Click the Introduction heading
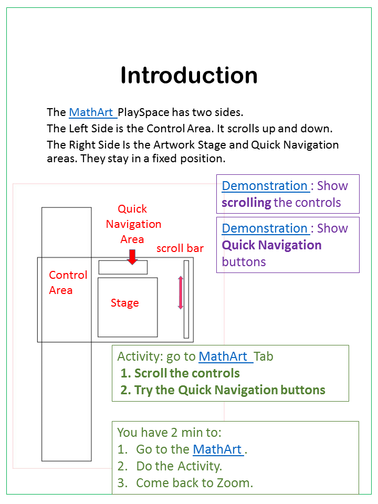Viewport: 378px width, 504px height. coord(189,75)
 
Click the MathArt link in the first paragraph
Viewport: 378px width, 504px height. coord(91,112)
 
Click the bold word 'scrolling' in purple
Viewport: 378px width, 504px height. coord(247,203)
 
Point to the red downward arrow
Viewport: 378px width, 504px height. coord(132,257)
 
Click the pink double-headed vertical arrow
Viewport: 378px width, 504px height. coord(181,292)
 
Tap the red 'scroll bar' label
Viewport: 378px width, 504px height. coord(180,248)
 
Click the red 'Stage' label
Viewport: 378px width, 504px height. coord(125,303)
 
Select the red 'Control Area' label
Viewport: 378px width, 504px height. coord(68,282)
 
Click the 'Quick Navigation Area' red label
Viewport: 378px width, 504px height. coord(133,224)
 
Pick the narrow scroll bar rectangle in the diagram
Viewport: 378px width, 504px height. coord(186,299)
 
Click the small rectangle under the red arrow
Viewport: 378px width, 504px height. coord(123,267)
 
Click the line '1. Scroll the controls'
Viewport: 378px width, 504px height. coord(180,373)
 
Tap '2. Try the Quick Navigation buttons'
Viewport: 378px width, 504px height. coord(223,390)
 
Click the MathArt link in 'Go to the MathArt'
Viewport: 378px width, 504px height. coord(217,449)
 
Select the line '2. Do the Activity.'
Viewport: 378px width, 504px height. coord(170,466)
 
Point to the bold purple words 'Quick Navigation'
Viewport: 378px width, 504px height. coord(271,245)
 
